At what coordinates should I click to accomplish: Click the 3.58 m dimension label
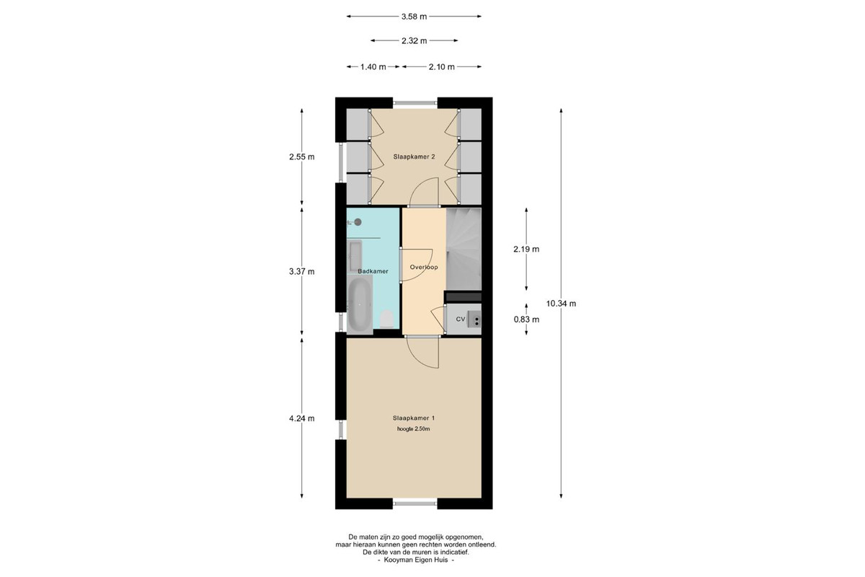click(414, 17)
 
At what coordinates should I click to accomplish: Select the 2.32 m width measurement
click(414, 40)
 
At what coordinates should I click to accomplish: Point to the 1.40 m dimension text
click(373, 67)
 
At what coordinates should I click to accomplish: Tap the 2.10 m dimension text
click(441, 67)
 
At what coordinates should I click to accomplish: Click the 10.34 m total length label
click(561, 304)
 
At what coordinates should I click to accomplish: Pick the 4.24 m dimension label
click(301, 418)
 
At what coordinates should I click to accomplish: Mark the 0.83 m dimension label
click(526, 320)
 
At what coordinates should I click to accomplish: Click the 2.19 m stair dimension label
click(526, 250)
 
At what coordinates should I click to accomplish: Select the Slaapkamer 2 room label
click(414, 157)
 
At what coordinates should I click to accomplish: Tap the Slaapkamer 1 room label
click(414, 418)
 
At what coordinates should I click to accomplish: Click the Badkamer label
click(373, 271)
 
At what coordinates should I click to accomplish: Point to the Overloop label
click(424, 267)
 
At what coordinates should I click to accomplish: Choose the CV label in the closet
click(461, 320)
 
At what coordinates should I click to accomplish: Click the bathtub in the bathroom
click(360, 305)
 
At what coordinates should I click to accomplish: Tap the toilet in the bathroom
click(386, 319)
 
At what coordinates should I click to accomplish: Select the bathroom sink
click(355, 255)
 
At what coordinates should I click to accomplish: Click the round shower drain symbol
click(358, 222)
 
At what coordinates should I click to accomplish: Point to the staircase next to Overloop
click(463, 249)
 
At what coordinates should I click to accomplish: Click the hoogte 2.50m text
click(413, 429)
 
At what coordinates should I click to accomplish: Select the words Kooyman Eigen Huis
click(416, 560)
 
